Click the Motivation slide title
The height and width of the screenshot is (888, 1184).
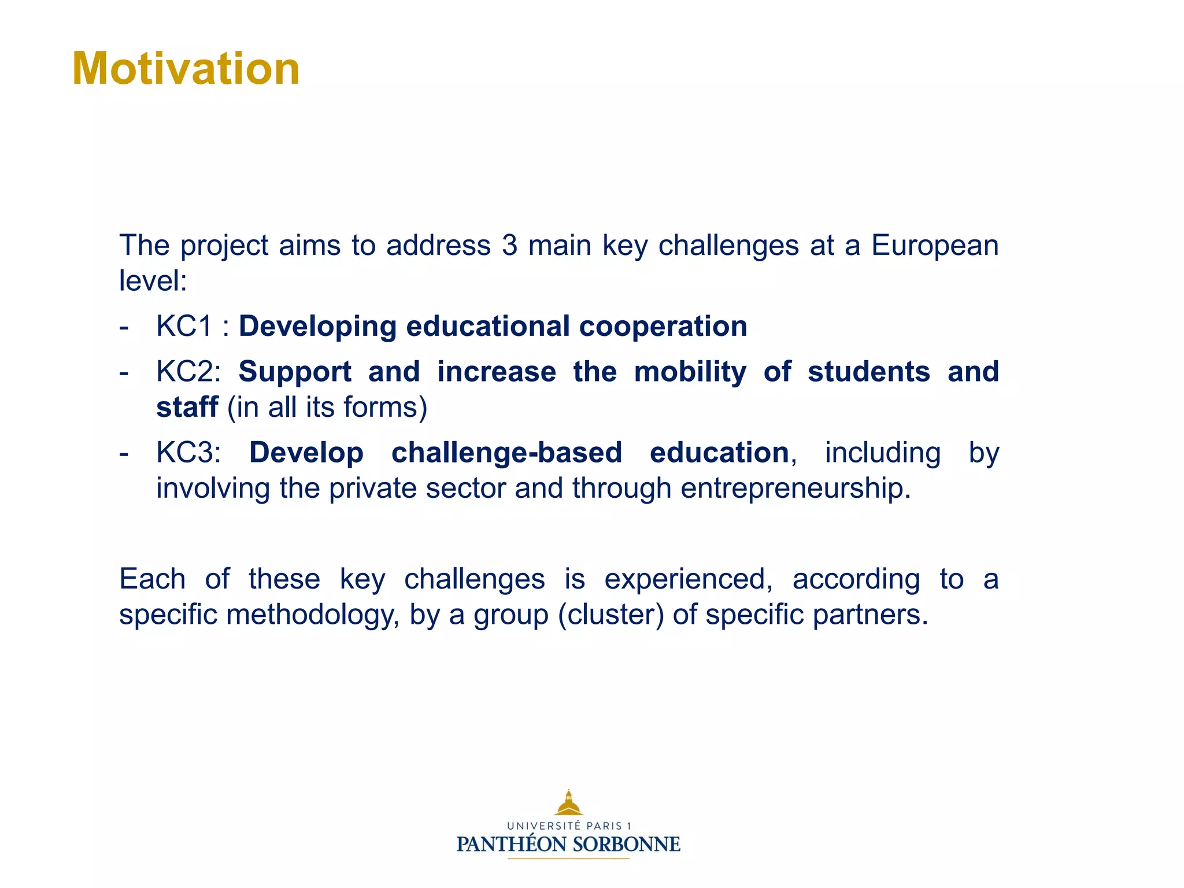pyautogui.click(x=186, y=69)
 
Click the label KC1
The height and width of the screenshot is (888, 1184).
pyautogui.click(x=184, y=327)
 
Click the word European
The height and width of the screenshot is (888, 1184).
pyautogui.click(x=934, y=246)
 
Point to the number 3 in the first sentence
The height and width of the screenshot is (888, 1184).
pyautogui.click(x=509, y=246)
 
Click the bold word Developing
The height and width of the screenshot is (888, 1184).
pyautogui.click(x=317, y=327)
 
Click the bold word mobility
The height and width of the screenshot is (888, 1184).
pyautogui.click(x=690, y=372)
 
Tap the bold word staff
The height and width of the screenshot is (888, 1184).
pyautogui.click(x=187, y=407)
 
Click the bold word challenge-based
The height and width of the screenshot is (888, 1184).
pyautogui.click(x=506, y=453)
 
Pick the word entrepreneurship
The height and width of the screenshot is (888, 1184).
pyautogui.click(x=795, y=489)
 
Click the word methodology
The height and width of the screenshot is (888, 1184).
pyautogui.click(x=312, y=615)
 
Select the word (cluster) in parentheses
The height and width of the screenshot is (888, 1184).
pyautogui.click(x=610, y=615)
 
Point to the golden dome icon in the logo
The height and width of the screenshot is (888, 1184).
pyautogui.click(x=569, y=803)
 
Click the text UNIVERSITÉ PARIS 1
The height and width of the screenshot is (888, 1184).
pyautogui.click(x=569, y=826)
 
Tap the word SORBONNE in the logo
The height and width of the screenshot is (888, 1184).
pyautogui.click(x=626, y=845)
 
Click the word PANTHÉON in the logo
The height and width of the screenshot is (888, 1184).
pyautogui.click(x=512, y=845)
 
